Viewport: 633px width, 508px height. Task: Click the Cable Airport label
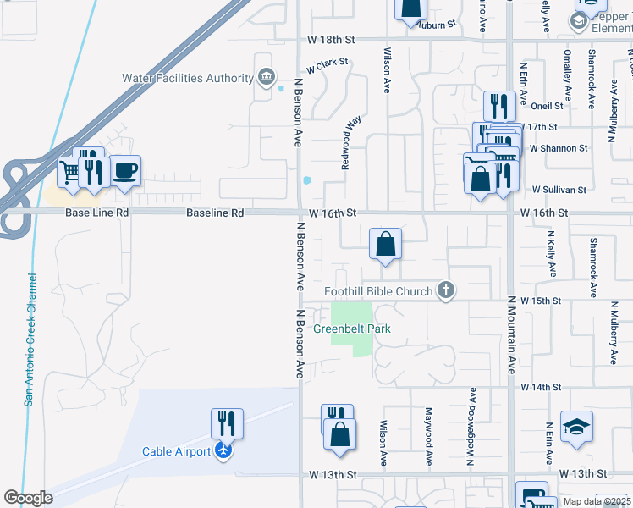point(176,451)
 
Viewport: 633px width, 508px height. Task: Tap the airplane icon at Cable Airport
point(223,450)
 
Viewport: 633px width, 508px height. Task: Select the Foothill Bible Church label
point(378,291)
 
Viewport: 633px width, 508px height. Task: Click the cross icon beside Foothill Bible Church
point(446,291)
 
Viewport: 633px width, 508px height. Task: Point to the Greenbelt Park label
point(352,329)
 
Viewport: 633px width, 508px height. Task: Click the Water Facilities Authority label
point(188,78)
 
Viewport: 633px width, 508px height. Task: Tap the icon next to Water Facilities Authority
point(267,78)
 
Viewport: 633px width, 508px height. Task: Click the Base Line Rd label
point(97,213)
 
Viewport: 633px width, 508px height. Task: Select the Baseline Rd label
point(215,213)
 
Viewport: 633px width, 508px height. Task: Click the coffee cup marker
point(125,170)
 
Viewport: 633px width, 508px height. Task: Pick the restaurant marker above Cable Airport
point(227,422)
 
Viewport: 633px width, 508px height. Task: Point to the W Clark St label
point(328,65)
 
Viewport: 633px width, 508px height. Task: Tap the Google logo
point(28,498)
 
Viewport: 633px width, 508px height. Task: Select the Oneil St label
point(547,106)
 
